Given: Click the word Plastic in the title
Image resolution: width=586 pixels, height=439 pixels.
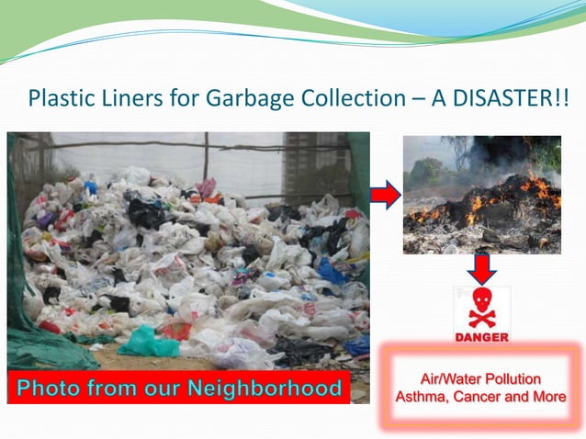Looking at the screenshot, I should (x=58, y=97).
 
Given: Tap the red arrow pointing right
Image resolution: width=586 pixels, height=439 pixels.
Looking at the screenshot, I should (x=386, y=195).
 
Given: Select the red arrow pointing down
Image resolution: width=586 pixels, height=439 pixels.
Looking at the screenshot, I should (x=481, y=267).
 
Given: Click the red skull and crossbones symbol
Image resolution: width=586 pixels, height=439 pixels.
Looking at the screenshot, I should (x=481, y=307).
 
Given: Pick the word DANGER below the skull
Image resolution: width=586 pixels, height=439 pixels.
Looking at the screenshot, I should (x=481, y=337).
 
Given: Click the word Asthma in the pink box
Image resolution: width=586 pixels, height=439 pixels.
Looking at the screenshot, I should (x=422, y=397).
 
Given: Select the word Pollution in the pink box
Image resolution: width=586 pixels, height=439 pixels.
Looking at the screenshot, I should (x=513, y=379).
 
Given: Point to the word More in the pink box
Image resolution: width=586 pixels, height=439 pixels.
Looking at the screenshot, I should (x=549, y=397).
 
